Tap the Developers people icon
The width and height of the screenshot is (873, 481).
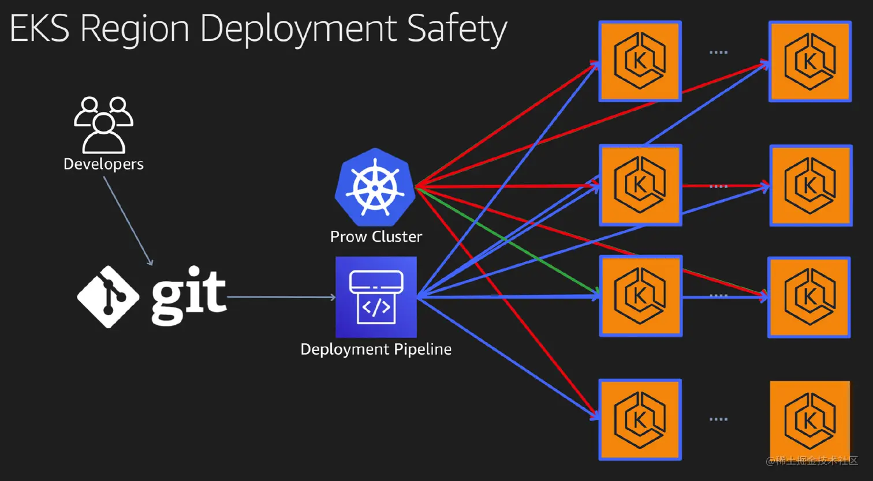click(103, 124)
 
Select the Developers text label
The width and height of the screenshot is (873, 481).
click(103, 164)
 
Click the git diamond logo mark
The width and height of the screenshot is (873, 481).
click(108, 297)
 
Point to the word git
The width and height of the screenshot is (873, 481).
click(188, 295)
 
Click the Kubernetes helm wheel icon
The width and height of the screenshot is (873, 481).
click(375, 187)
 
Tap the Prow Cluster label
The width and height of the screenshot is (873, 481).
click(376, 236)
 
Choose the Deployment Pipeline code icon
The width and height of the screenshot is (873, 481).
click(376, 296)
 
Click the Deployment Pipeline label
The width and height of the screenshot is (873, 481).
click(376, 350)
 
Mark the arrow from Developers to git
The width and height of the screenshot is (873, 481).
click(128, 221)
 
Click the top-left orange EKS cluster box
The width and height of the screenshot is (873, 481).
click(640, 61)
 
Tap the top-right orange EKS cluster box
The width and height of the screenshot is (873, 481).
click(809, 61)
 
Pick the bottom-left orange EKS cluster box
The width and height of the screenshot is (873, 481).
click(640, 419)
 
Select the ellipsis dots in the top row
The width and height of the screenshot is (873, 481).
click(718, 52)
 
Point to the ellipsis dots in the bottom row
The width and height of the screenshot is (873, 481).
click(718, 419)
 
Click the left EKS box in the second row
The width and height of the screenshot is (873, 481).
click(640, 185)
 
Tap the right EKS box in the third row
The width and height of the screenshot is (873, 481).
click(808, 296)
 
